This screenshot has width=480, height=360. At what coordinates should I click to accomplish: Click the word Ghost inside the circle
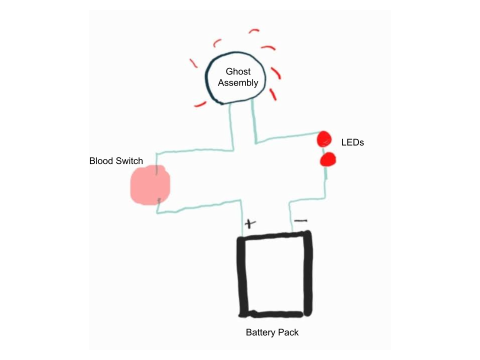(238, 72)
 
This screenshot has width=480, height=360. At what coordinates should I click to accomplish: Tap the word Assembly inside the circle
(238, 83)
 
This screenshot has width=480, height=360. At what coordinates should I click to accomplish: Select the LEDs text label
(352, 142)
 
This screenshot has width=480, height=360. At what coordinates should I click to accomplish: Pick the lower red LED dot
(328, 160)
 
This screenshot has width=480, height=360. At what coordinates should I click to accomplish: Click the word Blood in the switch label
(100, 161)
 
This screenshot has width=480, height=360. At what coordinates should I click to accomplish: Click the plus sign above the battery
(249, 223)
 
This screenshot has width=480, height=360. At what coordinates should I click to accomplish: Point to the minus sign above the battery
(300, 220)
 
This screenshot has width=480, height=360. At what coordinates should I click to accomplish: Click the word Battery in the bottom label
(261, 332)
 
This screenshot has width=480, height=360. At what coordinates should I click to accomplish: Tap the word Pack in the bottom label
(288, 332)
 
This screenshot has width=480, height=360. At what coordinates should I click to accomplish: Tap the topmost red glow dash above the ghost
(254, 31)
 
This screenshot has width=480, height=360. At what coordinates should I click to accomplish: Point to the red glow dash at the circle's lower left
(200, 104)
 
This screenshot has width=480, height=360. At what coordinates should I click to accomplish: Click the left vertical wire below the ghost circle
(231, 125)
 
